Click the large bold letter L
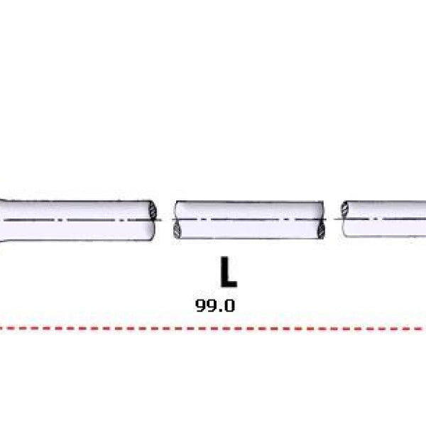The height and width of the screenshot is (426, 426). click(228, 272)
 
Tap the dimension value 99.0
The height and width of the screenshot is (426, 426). click(215, 305)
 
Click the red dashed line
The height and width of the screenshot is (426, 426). click(213, 329)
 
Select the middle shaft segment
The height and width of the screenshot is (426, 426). click(249, 220)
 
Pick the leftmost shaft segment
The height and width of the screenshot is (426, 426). click(77, 220)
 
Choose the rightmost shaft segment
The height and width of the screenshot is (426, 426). click(383, 219)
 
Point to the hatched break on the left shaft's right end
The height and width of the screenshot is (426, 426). click(153, 211)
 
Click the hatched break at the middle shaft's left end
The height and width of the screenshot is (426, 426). click(177, 229)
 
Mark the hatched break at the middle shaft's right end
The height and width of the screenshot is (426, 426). click(321, 229)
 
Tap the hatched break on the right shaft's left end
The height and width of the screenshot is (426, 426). click(345, 209)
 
